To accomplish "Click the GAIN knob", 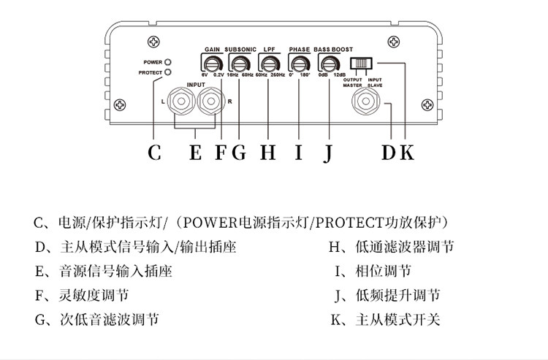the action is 213,64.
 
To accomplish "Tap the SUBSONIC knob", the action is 240,64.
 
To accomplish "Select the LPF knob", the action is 270,64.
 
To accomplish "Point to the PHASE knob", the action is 300,64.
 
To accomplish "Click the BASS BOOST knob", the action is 330,64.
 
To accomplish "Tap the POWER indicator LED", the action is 168,62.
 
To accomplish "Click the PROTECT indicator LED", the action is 168,72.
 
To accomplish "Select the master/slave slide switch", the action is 361,64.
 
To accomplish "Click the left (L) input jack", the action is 181,102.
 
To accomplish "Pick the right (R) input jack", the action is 210,102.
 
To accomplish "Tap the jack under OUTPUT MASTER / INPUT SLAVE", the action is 366,102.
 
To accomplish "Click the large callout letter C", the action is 154,153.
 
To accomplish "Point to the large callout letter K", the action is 406,153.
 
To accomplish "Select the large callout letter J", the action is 327,153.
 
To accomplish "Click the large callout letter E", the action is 195,153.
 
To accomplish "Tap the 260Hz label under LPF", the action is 278,74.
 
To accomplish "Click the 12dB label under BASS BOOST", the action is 339,74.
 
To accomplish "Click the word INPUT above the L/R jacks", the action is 196,85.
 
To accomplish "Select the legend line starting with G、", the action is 96,320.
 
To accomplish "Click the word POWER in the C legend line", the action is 210,223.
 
